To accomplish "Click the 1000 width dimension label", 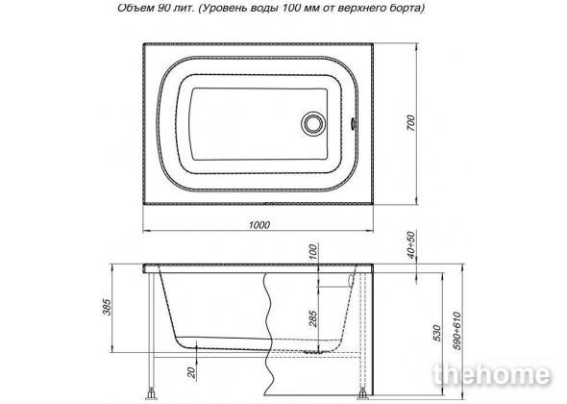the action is (x=259, y=225).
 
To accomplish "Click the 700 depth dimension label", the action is (x=410, y=123).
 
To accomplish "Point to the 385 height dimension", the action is (x=109, y=307).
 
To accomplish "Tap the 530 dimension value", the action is (x=437, y=333).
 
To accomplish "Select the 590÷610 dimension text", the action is (x=457, y=331).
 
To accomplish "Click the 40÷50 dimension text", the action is (x=411, y=245).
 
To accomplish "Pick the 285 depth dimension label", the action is (x=313, y=318).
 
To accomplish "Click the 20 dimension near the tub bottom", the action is (x=191, y=372).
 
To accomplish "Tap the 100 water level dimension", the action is (x=313, y=252).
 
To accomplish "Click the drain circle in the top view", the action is (x=311, y=123).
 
